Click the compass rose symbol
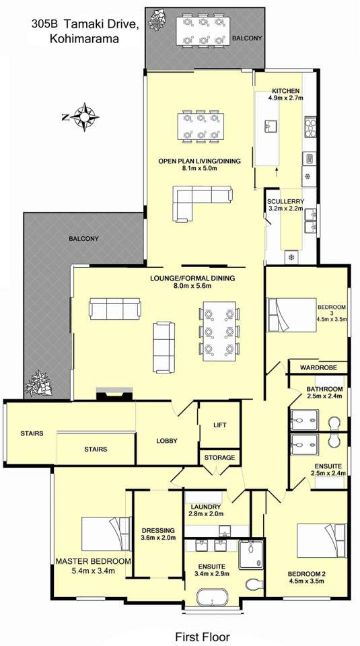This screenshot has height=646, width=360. (84, 117)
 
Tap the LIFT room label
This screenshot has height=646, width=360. (219, 425)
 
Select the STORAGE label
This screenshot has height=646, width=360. (219, 458)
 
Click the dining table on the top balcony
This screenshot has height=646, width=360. (201, 32)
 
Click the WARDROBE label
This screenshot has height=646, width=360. (318, 367)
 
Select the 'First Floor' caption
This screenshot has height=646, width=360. (203, 636)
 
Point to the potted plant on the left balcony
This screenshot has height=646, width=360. (40, 384)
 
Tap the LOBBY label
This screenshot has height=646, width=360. (167, 441)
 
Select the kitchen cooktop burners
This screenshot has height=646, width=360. (310, 128)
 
